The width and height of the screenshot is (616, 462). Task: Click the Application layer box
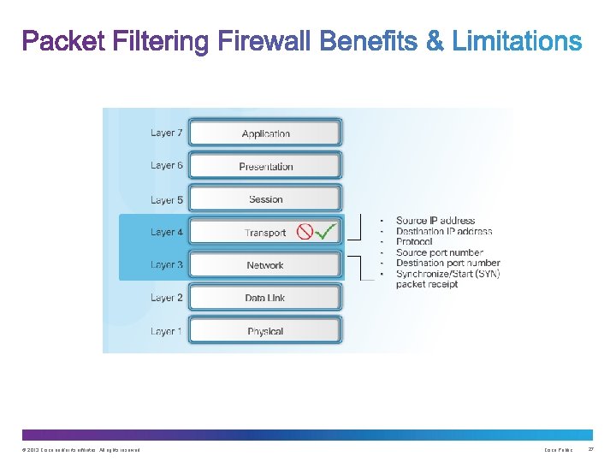265,133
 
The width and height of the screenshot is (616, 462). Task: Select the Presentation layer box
265,166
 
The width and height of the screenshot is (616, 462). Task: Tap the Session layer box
265,199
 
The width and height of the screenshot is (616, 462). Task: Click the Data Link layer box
265,298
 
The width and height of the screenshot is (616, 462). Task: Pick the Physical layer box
265,331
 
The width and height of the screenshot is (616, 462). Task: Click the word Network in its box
265,265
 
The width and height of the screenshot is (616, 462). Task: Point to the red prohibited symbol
304,232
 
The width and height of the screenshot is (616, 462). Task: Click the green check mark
325,232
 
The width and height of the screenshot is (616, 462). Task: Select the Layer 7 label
167,133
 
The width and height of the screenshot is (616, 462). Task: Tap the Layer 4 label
167,232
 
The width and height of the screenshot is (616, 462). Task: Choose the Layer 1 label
167,331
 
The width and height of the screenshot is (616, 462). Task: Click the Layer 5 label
167,199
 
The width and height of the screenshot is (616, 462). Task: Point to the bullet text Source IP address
435,221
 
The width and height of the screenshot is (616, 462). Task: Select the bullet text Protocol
414,242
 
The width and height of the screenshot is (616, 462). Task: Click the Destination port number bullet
447,264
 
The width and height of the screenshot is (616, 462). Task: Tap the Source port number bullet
439,252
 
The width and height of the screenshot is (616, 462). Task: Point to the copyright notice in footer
77,450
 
